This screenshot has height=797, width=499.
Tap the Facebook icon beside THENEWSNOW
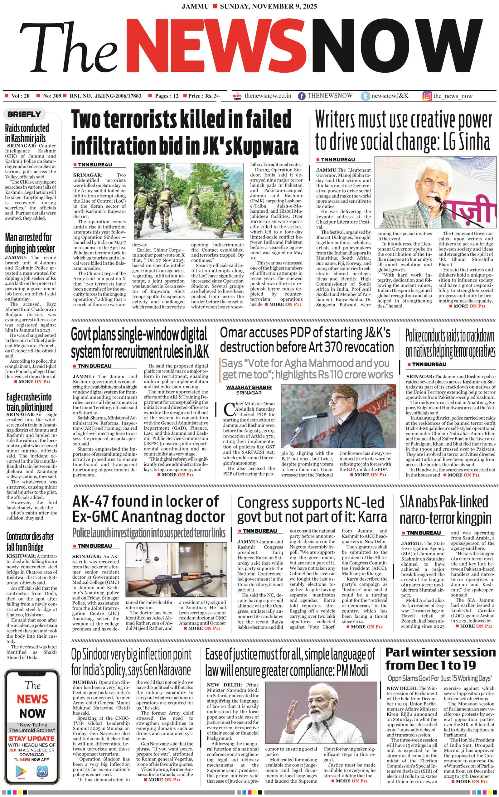click(x=301, y=96)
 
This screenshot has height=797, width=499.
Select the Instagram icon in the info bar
click(x=427, y=96)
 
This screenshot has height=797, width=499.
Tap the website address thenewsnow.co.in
click(x=268, y=96)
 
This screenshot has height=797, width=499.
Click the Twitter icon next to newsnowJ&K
click(x=365, y=96)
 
